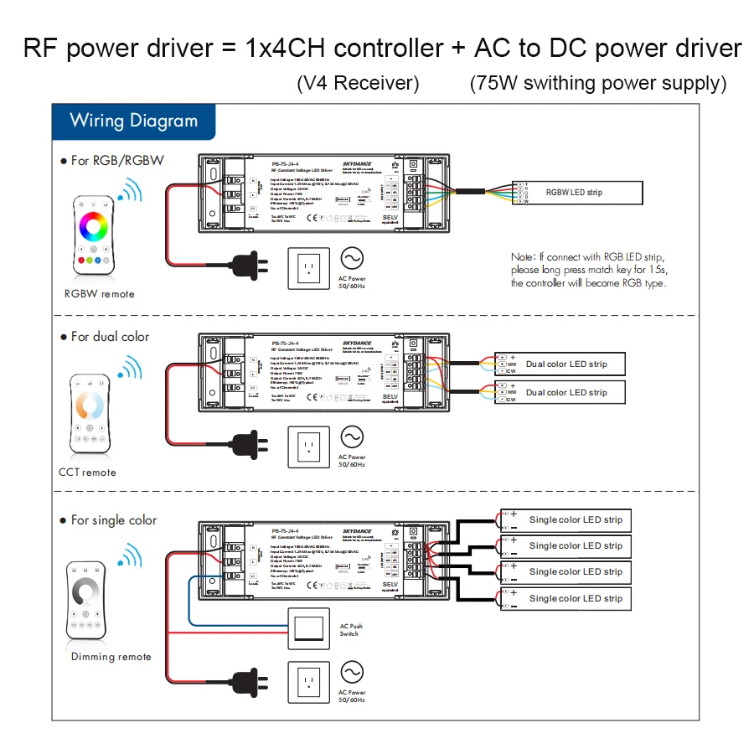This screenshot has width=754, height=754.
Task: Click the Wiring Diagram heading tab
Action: (x=133, y=121)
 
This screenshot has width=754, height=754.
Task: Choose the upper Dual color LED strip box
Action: (x=566, y=364)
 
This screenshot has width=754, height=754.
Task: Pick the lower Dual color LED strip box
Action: (x=566, y=392)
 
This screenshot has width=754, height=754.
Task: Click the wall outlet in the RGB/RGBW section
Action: (x=309, y=266)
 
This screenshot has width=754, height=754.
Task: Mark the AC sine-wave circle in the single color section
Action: (x=351, y=673)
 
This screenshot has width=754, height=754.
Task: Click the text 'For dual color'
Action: (x=110, y=337)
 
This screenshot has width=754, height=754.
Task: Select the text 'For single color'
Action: (x=113, y=520)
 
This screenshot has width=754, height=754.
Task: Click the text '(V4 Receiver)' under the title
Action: (x=358, y=84)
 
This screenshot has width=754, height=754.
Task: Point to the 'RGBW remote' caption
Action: (x=100, y=294)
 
